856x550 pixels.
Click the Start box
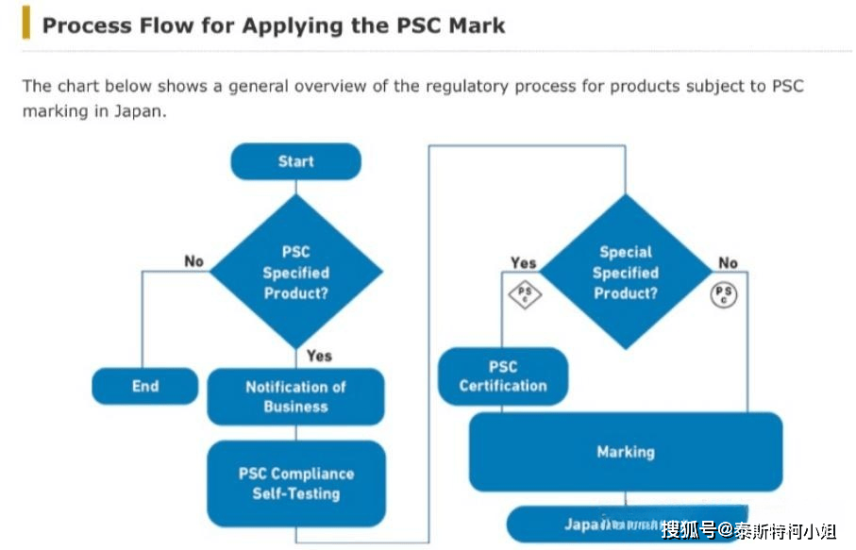point(295,161)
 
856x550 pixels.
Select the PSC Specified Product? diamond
point(295,273)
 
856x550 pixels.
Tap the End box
point(145,386)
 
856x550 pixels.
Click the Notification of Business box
point(295,396)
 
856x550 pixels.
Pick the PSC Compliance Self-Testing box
point(295,483)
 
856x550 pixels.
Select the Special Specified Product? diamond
point(625,273)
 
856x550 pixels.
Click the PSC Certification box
point(503,376)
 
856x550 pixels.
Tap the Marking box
point(625,452)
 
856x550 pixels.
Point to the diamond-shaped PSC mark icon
point(525,295)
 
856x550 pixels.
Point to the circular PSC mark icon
point(724,295)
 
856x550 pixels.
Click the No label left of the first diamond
point(193,261)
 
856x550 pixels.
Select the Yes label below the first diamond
point(319,356)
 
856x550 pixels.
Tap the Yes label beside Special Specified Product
point(523,263)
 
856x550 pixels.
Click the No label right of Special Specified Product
point(728,263)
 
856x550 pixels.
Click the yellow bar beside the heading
point(25,24)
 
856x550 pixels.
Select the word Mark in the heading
point(474,25)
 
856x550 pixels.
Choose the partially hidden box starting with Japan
point(604,525)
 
